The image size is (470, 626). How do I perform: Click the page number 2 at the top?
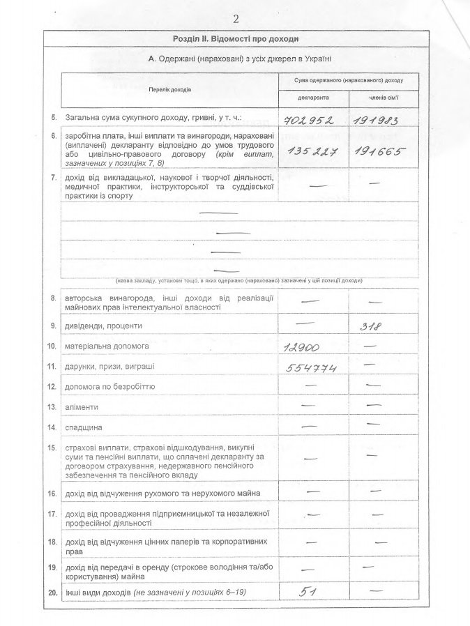tap(236, 18)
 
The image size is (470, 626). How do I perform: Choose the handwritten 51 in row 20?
tap(305, 592)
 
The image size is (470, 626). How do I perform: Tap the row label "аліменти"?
tap(82, 406)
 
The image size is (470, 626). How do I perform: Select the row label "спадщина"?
tap(84, 426)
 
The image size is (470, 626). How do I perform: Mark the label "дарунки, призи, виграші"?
tap(109, 365)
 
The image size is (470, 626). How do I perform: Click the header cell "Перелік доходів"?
tap(169, 89)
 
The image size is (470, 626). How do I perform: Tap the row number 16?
tap(51, 494)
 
